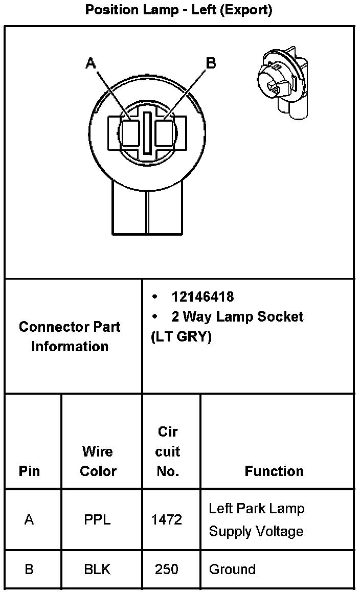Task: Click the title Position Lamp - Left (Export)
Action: (178, 10)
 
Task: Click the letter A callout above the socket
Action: (91, 63)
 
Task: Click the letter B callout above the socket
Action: (211, 63)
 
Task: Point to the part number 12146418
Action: (202, 297)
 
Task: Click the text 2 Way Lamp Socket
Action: (237, 316)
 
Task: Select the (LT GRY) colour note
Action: (182, 337)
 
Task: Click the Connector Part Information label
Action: (70, 336)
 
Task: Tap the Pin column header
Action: (29, 471)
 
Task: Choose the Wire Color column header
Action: (98, 461)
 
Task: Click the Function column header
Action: (274, 471)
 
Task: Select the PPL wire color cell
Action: (97, 520)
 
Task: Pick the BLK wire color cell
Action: (97, 569)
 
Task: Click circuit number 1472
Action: (167, 520)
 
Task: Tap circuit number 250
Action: (167, 569)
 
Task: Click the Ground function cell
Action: (232, 569)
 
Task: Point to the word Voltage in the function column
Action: (278, 532)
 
